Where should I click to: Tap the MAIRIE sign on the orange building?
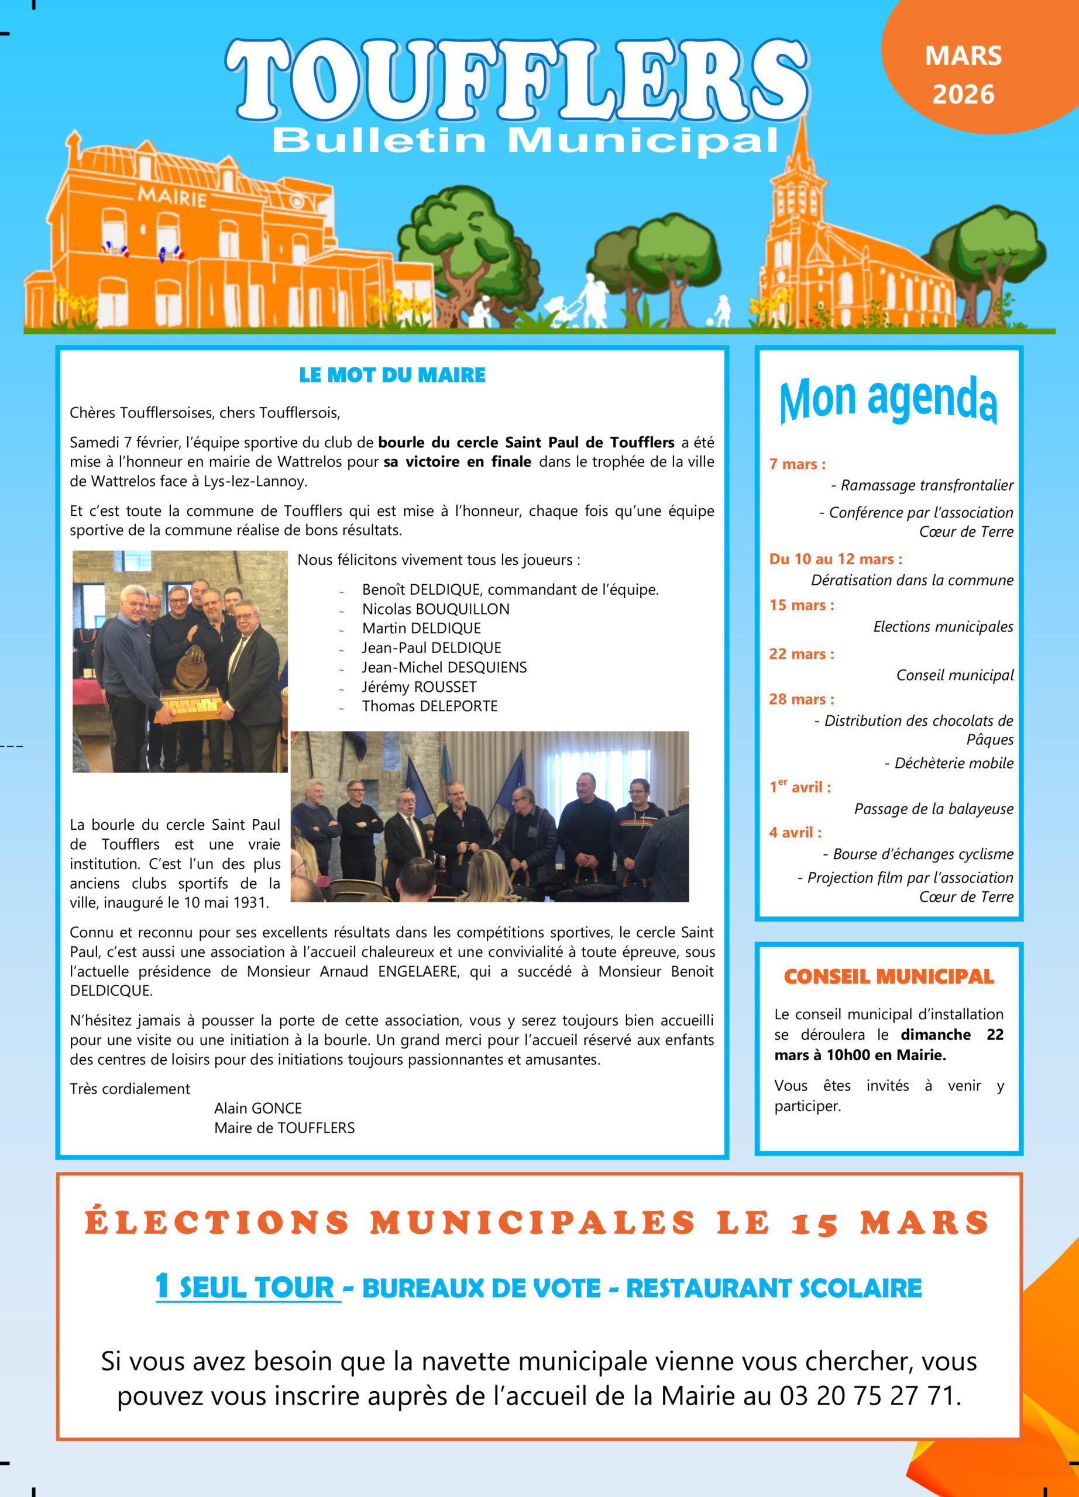click(x=171, y=196)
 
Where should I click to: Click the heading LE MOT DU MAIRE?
click(x=391, y=375)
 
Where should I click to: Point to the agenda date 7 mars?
click(x=797, y=464)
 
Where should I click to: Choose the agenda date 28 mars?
click(x=801, y=699)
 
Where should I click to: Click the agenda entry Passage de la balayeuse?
click(x=933, y=809)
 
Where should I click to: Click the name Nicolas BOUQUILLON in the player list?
click(x=435, y=609)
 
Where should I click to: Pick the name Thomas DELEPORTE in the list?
click(x=429, y=706)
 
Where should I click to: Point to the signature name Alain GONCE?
click(x=257, y=1108)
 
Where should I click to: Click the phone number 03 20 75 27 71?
click(x=868, y=1396)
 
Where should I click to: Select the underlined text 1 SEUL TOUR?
click(x=247, y=1287)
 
